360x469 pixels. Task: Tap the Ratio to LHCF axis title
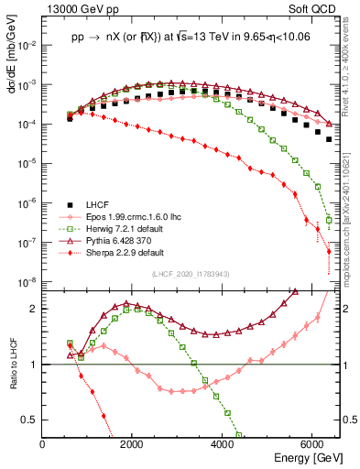[11, 378]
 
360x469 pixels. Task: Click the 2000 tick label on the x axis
[133, 444]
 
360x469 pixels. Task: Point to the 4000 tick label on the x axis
[223, 444]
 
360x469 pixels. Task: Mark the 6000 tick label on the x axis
[312, 444]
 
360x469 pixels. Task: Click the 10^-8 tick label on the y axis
[27, 282]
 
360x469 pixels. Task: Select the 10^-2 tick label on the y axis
[27, 44]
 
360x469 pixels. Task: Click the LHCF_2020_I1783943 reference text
[190, 276]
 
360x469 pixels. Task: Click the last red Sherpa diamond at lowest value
[329, 251]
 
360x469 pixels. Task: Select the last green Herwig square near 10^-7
[329, 220]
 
